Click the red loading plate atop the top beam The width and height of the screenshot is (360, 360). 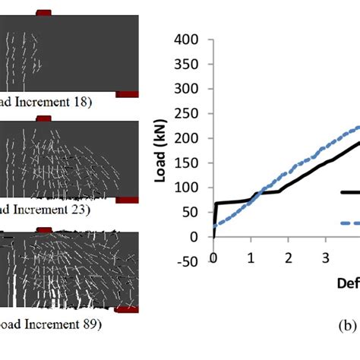point(44,13)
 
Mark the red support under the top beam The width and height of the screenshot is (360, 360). point(126,93)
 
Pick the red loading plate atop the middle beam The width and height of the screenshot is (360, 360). point(44,118)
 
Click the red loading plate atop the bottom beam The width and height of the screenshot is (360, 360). point(44,229)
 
